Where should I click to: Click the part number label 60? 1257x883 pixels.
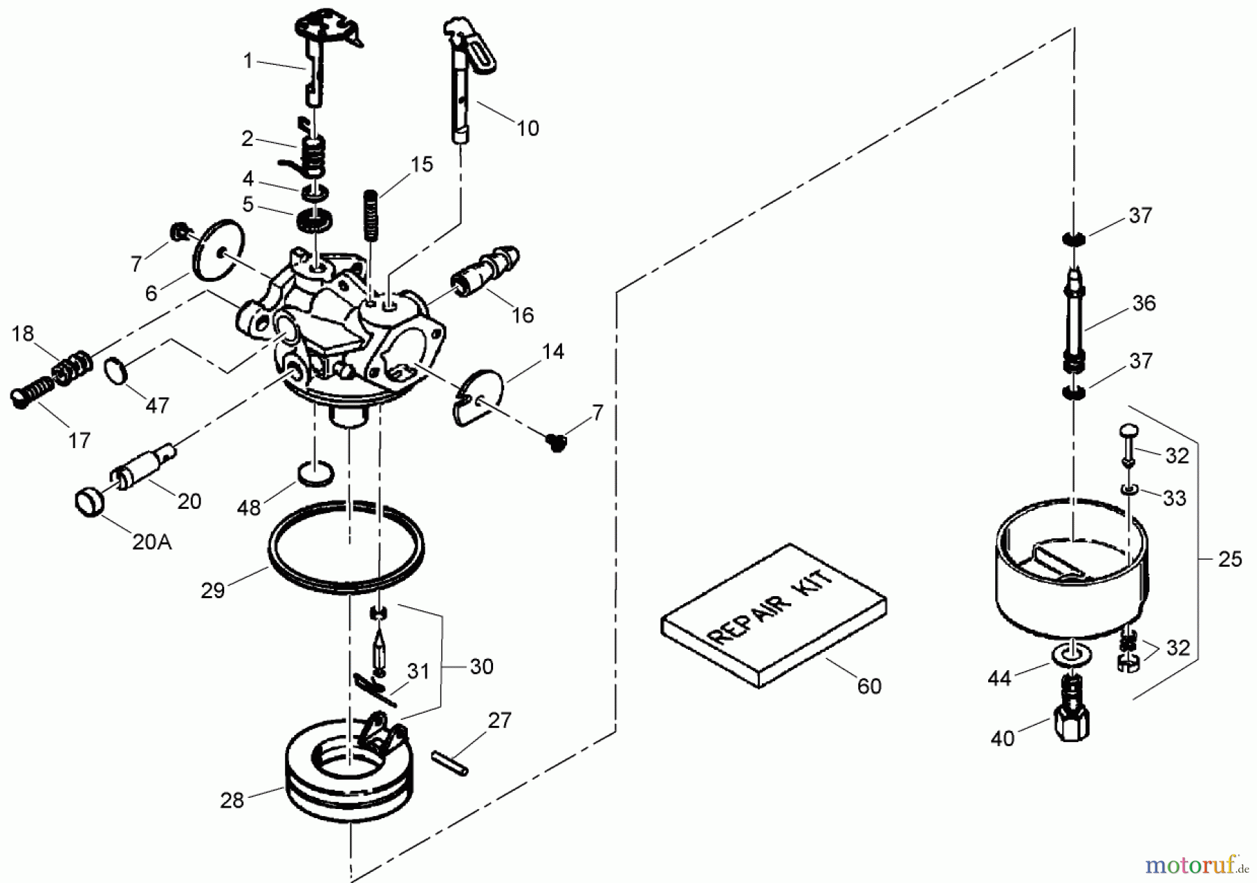coord(869,686)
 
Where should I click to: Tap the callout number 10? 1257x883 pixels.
coord(527,128)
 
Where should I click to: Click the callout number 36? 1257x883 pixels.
coord(1144,303)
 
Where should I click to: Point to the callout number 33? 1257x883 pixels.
coord(1175,498)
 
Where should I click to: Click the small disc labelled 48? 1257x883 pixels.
coord(316,474)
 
